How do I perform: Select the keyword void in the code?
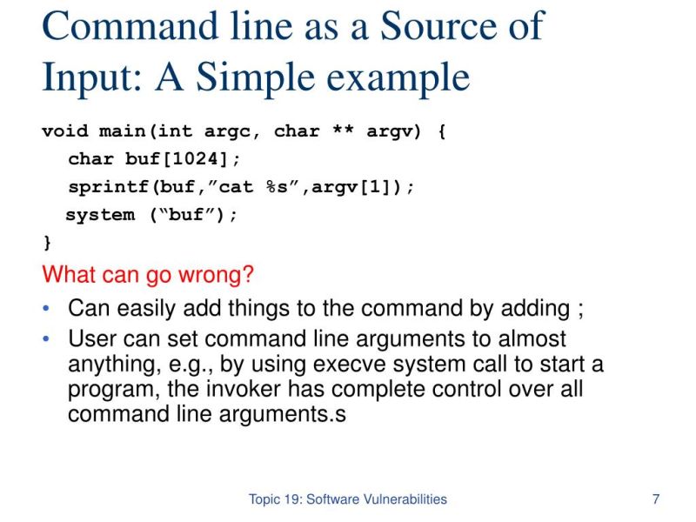pos(65,132)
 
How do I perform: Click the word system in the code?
pos(99,215)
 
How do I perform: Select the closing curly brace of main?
pos(47,241)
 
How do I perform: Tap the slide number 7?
pos(655,499)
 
